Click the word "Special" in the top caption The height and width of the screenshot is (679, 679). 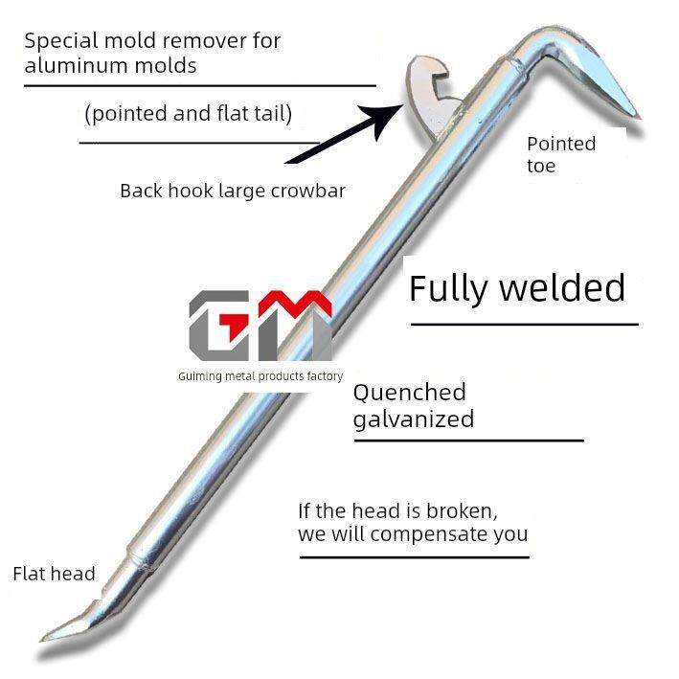coord(57,42)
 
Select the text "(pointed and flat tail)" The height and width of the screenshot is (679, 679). coord(188,115)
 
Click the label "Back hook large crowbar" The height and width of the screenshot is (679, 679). coord(233,191)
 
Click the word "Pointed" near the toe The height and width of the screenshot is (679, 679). coord(561,145)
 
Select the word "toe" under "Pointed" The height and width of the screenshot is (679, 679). coord(541,167)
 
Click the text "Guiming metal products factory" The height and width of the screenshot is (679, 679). coord(260,376)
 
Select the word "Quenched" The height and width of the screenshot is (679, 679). coord(410,393)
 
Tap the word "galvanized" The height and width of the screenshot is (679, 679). coord(414,419)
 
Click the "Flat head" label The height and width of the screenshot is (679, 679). coord(54,575)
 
